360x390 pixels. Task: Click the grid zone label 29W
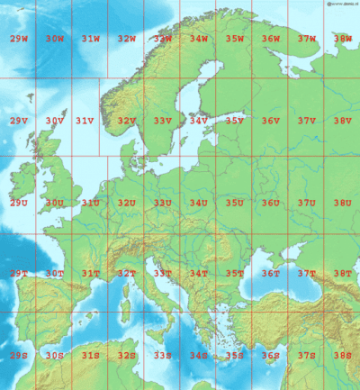18,39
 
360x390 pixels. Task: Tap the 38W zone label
342,39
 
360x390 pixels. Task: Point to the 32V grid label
126,121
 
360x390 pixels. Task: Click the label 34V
198,121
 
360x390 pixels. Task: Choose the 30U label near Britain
55,203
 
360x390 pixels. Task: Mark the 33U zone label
162,203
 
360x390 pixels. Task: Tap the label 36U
270,203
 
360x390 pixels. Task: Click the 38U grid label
342,203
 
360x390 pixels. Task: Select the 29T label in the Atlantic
18,273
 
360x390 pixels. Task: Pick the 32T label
126,273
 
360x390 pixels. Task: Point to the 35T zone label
234,273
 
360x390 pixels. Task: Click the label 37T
306,273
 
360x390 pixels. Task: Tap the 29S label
18,355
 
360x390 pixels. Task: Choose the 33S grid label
162,355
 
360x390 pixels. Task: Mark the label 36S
270,355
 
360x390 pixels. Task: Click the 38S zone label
342,355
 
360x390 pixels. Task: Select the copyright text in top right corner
334,4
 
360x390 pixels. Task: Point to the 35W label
234,39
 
